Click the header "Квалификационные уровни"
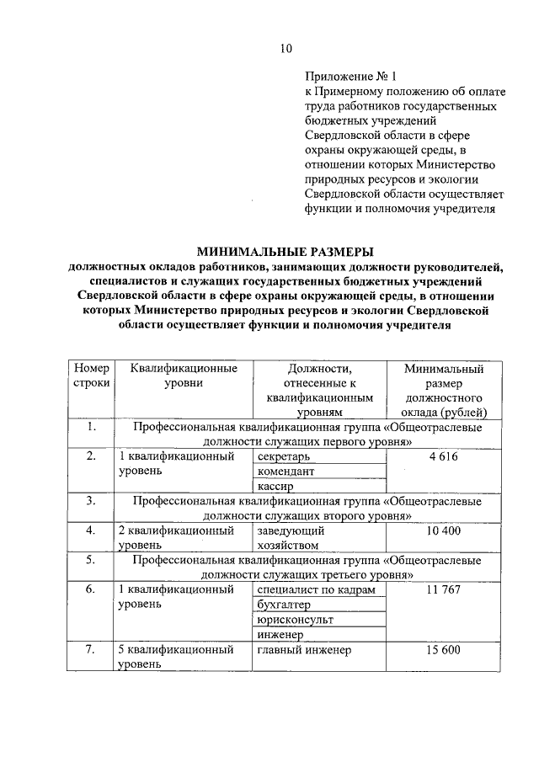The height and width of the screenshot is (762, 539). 179,376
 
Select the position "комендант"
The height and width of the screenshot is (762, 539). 285,472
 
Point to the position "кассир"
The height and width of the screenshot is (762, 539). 275,488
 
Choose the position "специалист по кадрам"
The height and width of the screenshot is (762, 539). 310,590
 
